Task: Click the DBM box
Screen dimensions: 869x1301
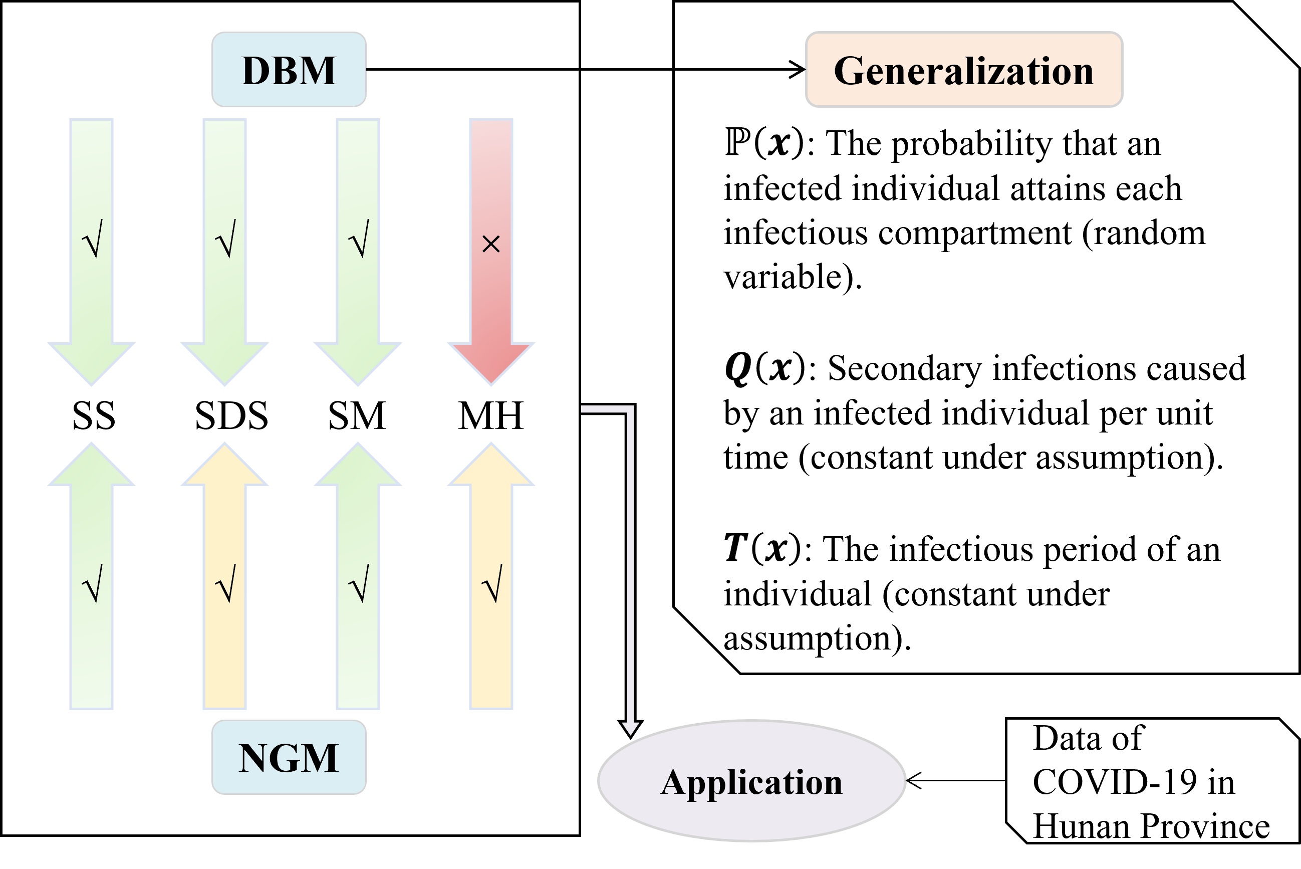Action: pyautogui.click(x=289, y=70)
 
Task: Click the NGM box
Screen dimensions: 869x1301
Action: pyautogui.click(x=289, y=757)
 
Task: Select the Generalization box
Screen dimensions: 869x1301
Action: pyautogui.click(x=964, y=70)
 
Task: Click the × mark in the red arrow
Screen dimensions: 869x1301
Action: pyautogui.click(x=491, y=244)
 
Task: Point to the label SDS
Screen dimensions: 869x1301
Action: pyautogui.click(x=231, y=415)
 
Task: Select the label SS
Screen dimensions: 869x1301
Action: pyautogui.click(x=94, y=415)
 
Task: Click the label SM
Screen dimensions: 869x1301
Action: pyautogui.click(x=357, y=415)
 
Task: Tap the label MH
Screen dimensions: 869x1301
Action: pyautogui.click(x=491, y=415)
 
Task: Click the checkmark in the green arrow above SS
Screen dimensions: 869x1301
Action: pyautogui.click(x=92, y=239)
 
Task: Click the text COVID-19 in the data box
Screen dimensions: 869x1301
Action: pyautogui.click(x=1114, y=782)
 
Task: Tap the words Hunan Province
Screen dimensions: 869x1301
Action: pyautogui.click(x=1151, y=826)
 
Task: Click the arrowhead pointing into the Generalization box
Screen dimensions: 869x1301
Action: pyautogui.click(x=798, y=70)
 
